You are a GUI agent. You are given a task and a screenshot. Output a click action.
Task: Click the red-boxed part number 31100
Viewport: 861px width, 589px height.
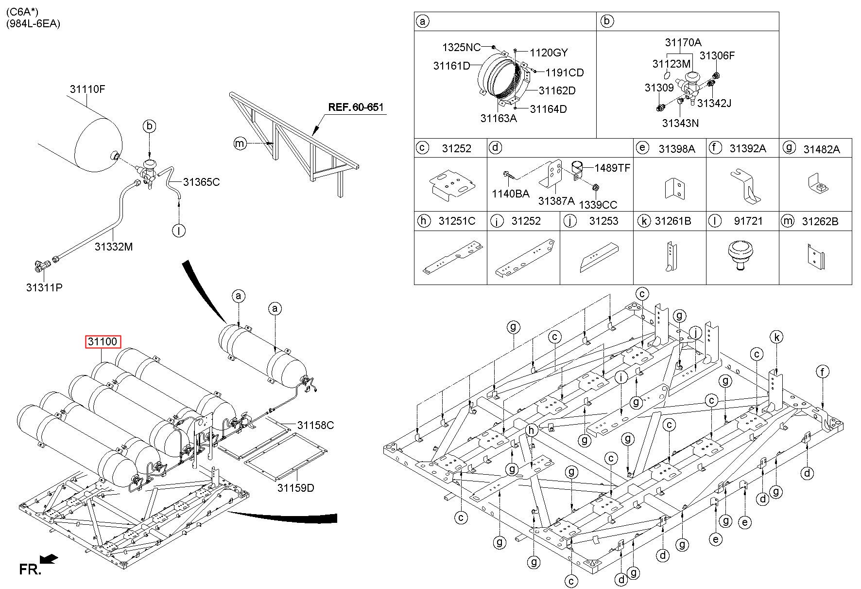click(x=103, y=342)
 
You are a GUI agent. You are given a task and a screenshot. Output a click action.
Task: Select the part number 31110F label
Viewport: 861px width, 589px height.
click(x=87, y=89)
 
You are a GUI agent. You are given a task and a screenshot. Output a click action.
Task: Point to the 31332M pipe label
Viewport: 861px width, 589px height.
click(x=114, y=247)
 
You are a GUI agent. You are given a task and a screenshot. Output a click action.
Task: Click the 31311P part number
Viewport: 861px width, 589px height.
click(x=44, y=287)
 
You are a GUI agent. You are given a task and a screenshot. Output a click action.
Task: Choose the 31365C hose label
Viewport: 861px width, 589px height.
click(x=201, y=182)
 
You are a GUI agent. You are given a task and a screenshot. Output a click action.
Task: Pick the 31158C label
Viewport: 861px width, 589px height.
click(x=315, y=425)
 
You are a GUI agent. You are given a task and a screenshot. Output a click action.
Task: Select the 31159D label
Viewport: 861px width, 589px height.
click(x=296, y=487)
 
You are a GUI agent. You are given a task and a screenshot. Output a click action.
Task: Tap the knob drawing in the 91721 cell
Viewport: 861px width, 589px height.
click(x=741, y=256)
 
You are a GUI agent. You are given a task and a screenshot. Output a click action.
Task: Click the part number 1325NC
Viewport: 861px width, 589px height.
click(x=461, y=47)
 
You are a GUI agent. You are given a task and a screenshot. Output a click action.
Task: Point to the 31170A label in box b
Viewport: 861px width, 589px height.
click(x=683, y=42)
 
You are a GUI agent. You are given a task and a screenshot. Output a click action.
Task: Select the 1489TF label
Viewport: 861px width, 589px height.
click(x=612, y=168)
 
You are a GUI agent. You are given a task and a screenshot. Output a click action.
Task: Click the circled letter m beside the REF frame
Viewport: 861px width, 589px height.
click(x=240, y=143)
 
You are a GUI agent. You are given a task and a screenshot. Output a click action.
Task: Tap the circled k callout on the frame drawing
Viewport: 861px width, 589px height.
click(x=777, y=337)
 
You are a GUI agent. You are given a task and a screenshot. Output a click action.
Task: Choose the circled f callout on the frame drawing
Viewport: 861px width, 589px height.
click(x=822, y=373)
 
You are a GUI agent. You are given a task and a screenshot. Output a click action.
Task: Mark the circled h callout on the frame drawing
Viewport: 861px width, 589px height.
click(x=533, y=430)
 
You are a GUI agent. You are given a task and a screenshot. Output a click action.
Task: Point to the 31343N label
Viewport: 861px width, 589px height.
click(x=680, y=123)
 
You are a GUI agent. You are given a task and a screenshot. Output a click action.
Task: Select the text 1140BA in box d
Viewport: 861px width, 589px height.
click(x=510, y=194)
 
